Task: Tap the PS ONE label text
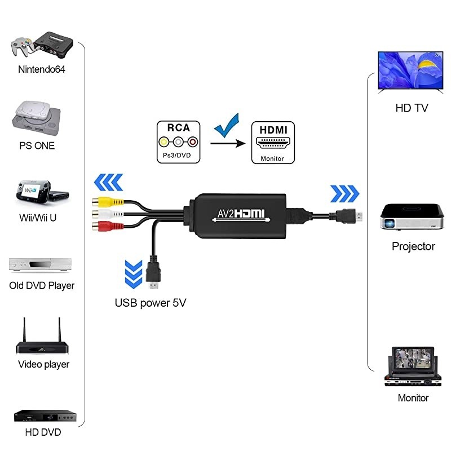(x=37, y=145)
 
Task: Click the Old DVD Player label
(x=42, y=285)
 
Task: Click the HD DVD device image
(x=44, y=417)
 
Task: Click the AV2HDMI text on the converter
(x=241, y=214)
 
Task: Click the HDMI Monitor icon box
(x=272, y=143)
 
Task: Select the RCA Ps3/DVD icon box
(x=178, y=143)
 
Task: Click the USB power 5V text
(x=151, y=303)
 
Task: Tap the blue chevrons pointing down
(x=133, y=273)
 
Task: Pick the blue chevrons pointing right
(x=344, y=193)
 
